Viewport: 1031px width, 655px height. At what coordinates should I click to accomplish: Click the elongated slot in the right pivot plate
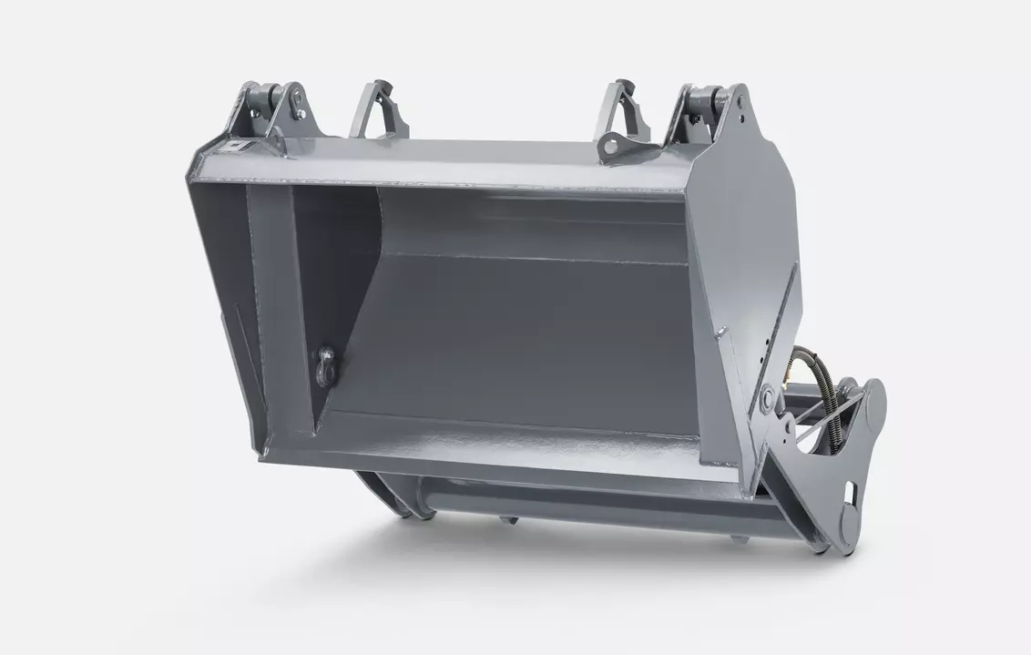point(853,491)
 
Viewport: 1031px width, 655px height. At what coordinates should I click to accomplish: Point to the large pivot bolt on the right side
point(767,396)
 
